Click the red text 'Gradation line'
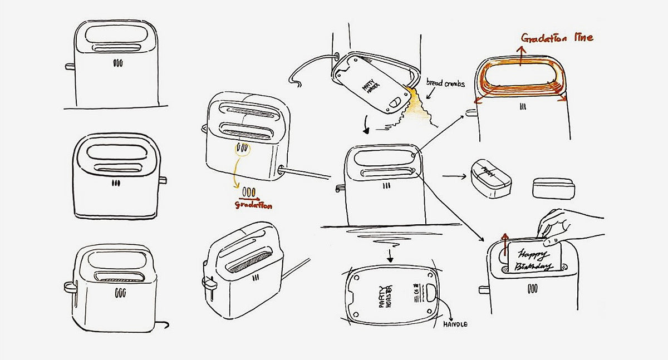click(x=557, y=38)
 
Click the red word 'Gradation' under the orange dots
click(x=253, y=204)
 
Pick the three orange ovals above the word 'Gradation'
click(x=249, y=192)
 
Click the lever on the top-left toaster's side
click(x=70, y=67)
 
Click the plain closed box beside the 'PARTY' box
click(x=553, y=188)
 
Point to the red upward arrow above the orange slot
click(x=520, y=56)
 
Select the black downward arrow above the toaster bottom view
click(x=390, y=255)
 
